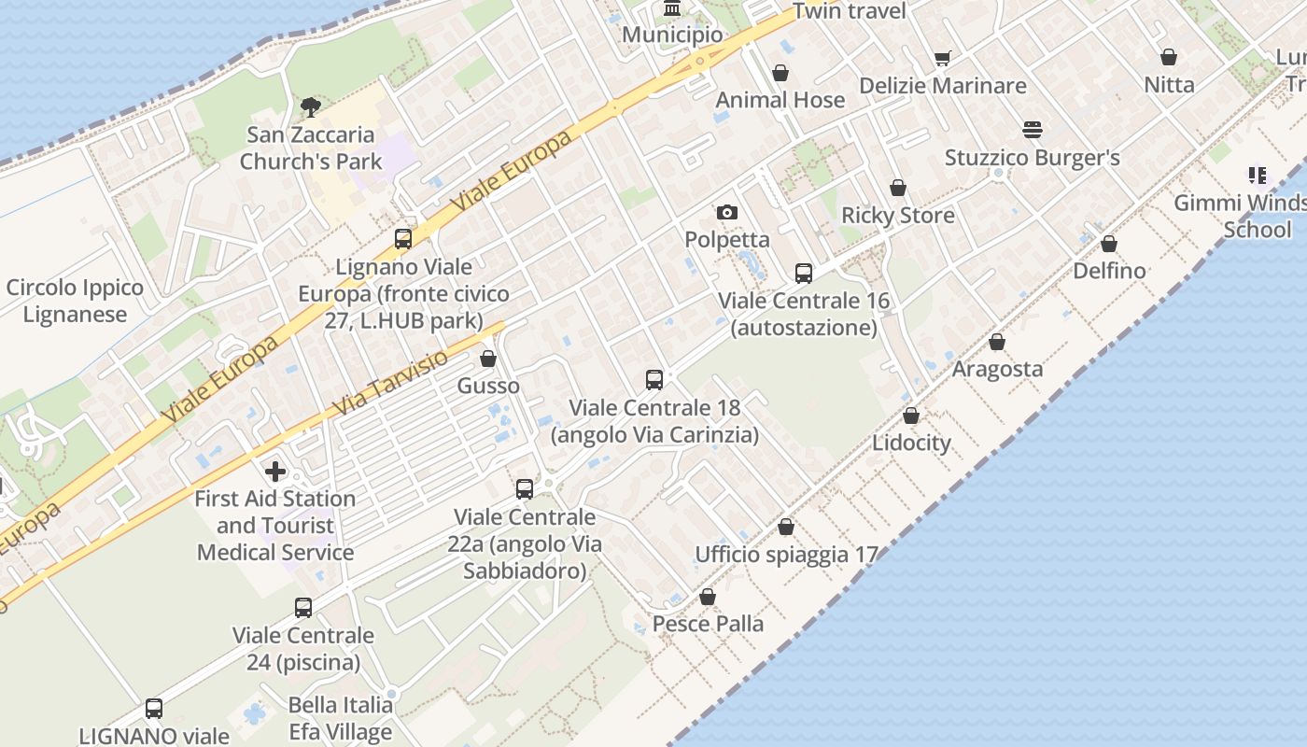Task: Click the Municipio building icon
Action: pyautogui.click(x=671, y=8)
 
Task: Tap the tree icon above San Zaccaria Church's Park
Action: pyautogui.click(x=311, y=106)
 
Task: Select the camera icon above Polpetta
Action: pyautogui.click(x=727, y=212)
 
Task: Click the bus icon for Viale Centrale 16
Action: pyautogui.click(x=804, y=273)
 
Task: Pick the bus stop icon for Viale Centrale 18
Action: pyautogui.click(x=654, y=380)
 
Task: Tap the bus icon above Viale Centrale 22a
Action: pyautogui.click(x=525, y=488)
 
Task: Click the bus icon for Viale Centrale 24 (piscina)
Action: pyautogui.click(x=303, y=608)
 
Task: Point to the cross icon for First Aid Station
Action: pyautogui.click(x=275, y=471)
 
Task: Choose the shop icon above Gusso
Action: pyautogui.click(x=488, y=359)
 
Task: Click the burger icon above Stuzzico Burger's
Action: pyautogui.click(x=1033, y=129)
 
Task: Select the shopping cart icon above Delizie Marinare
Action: pyautogui.click(x=943, y=58)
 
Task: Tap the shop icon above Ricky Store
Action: pyautogui.click(x=898, y=188)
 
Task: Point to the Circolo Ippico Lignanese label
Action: pyautogui.click(x=75, y=301)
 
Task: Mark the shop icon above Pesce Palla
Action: pyautogui.click(x=708, y=597)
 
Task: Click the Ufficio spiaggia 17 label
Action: pyautogui.click(x=787, y=555)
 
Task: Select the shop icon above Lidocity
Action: pyautogui.click(x=911, y=416)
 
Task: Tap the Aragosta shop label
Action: pyautogui.click(x=997, y=369)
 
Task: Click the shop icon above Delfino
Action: pyautogui.click(x=1109, y=244)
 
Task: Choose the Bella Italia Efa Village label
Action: pyautogui.click(x=340, y=718)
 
